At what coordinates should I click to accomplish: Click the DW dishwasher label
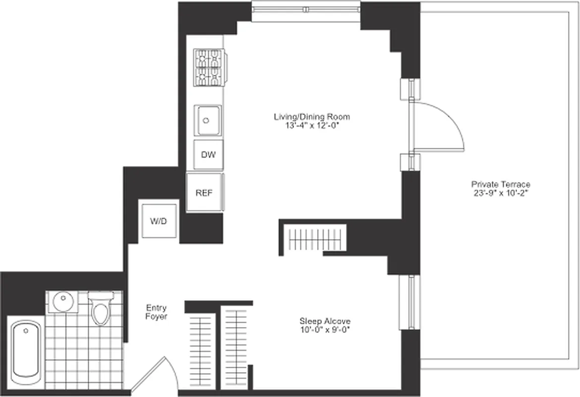point(209,155)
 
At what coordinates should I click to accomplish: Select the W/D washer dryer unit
point(159,221)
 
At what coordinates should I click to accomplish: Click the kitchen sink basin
point(208,120)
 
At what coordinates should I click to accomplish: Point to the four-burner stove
point(209,67)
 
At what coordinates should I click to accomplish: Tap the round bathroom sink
point(62,301)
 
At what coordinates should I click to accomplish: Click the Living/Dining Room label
point(312,117)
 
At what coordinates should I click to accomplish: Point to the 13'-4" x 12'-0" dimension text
point(312,126)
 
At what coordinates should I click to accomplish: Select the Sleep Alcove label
point(325,321)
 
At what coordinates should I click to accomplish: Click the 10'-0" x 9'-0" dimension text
point(325,330)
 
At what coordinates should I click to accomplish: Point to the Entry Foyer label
point(157,312)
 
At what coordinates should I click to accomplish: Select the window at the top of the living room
point(306,10)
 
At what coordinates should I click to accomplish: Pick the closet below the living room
point(313,240)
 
